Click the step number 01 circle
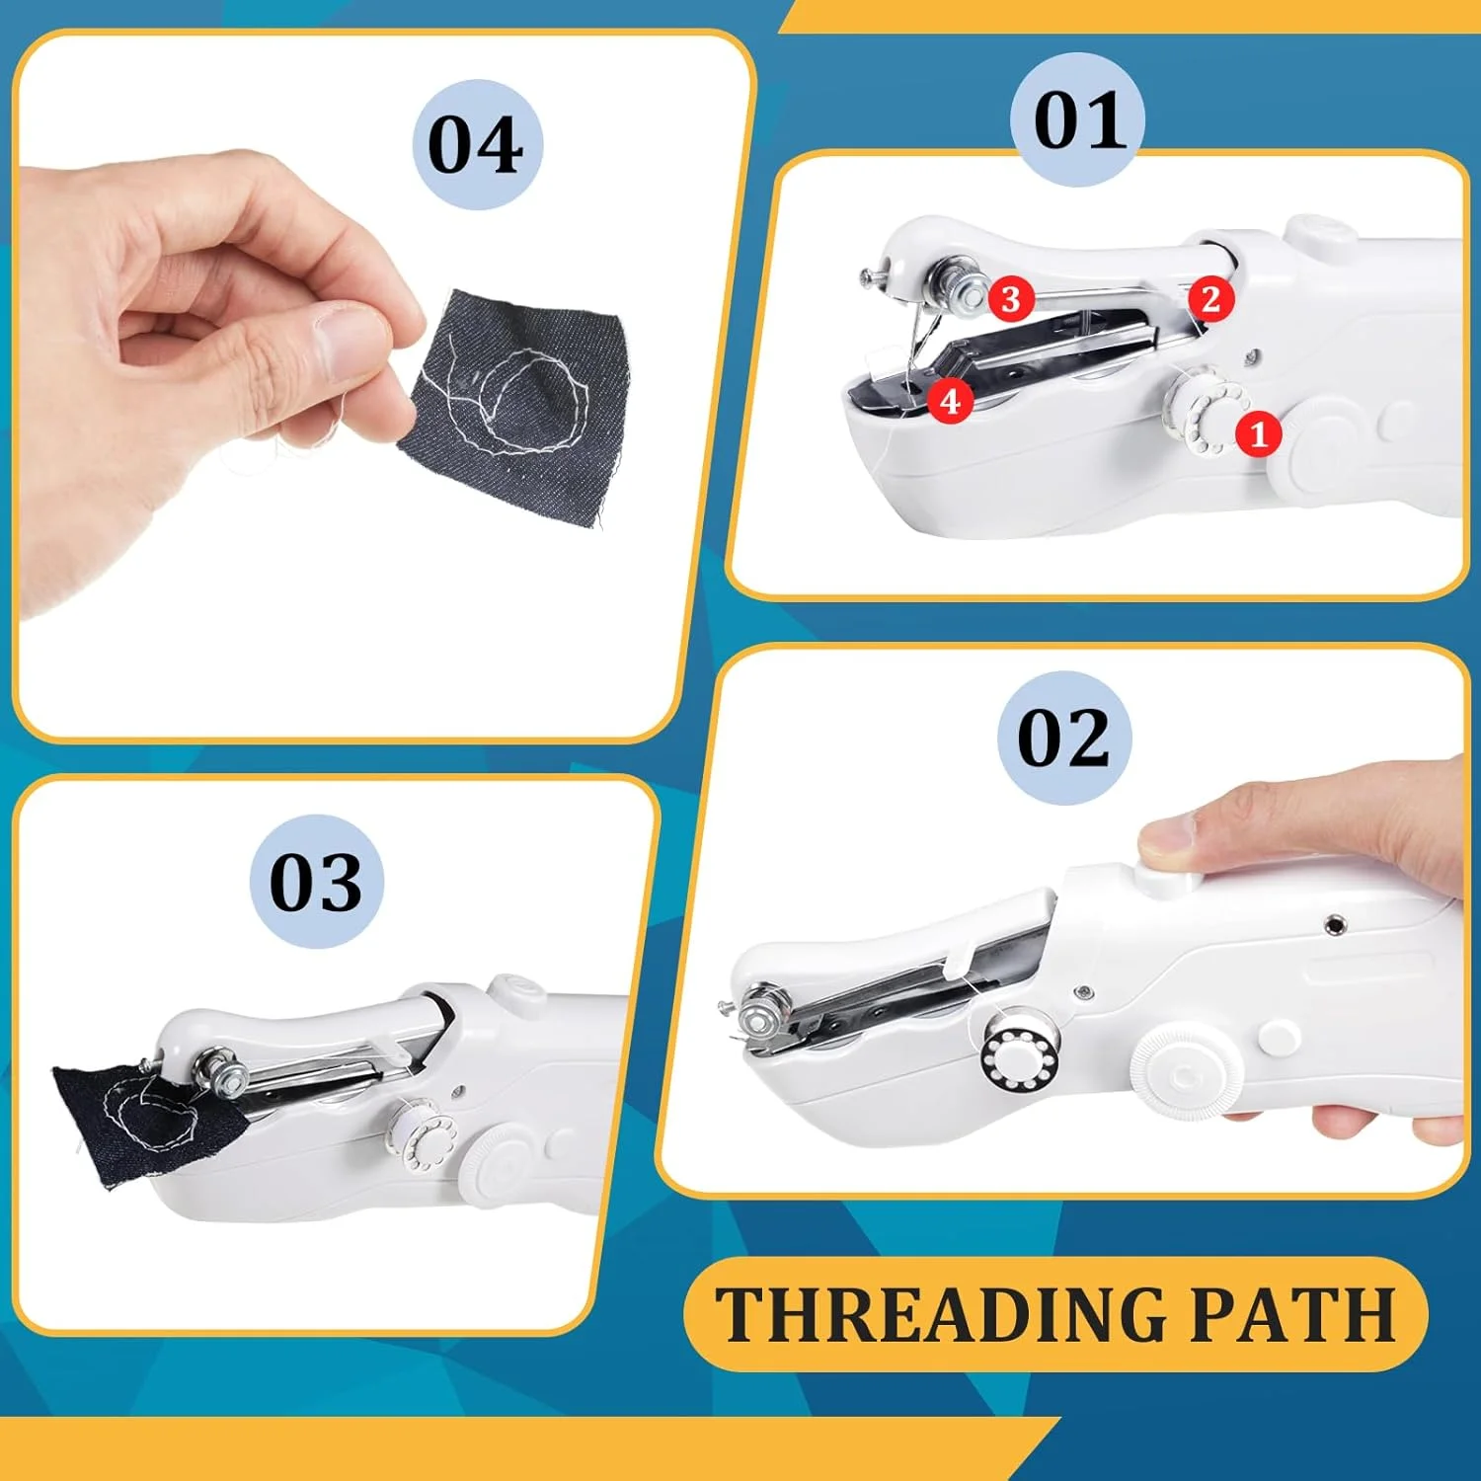click(x=1078, y=119)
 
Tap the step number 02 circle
click(x=1062, y=738)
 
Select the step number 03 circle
click(x=316, y=882)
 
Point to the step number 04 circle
click(x=478, y=144)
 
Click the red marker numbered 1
click(x=1258, y=433)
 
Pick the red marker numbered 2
click(x=1210, y=298)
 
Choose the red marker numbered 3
click(x=1010, y=298)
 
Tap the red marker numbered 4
click(x=950, y=401)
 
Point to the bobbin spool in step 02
click(x=1020, y=1053)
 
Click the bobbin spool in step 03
click(x=421, y=1136)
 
